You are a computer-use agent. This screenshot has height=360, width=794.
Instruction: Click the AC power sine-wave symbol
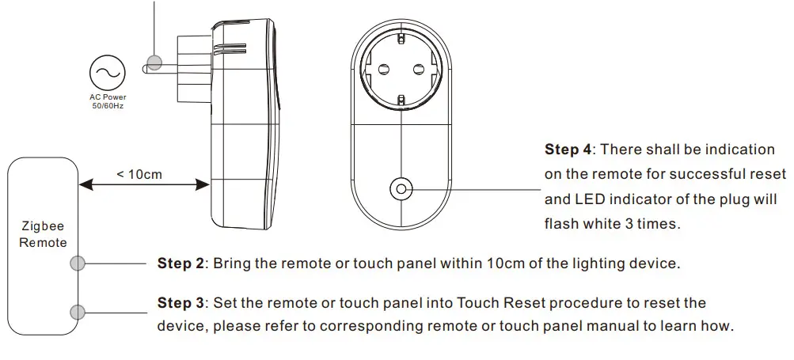(x=108, y=73)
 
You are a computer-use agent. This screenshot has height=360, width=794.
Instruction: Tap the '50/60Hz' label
(x=108, y=106)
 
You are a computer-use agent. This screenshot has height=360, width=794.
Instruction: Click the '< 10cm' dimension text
(x=139, y=175)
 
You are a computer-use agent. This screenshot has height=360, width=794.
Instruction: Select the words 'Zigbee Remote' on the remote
(x=43, y=234)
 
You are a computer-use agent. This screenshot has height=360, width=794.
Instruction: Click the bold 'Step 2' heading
(x=180, y=263)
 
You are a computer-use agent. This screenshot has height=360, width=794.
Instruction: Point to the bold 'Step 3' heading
(x=180, y=303)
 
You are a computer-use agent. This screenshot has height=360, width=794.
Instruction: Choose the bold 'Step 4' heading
(x=568, y=150)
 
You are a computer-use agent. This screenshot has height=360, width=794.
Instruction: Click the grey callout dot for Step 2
(x=78, y=263)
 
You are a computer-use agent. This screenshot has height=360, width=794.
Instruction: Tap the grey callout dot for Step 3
(x=78, y=312)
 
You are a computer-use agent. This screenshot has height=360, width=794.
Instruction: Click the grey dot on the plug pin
(x=154, y=63)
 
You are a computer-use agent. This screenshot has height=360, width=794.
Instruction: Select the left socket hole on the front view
(x=384, y=69)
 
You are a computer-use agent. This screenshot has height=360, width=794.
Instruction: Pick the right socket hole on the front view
(x=418, y=69)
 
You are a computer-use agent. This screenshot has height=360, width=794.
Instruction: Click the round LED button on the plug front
(x=401, y=189)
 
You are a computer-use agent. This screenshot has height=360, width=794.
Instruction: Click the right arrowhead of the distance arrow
(x=203, y=185)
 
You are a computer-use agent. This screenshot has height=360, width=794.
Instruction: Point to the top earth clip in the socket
(x=401, y=39)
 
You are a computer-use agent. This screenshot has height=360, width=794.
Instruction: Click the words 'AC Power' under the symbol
(x=108, y=97)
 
